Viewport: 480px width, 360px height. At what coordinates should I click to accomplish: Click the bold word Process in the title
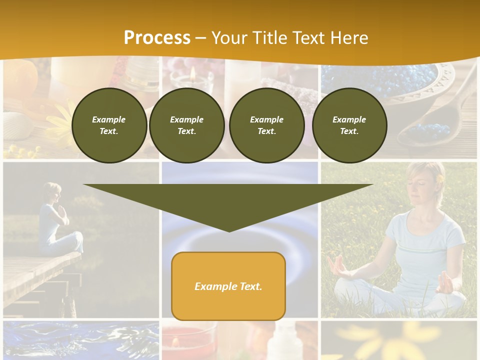point(157,38)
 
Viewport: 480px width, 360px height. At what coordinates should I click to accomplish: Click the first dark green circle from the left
point(109,125)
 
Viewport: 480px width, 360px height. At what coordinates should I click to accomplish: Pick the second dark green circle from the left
point(187,125)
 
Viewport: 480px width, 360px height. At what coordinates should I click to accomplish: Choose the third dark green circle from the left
point(267,125)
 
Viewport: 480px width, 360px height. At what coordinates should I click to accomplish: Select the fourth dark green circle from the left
point(349,125)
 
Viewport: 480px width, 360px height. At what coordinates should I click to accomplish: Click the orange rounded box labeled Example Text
point(228,286)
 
